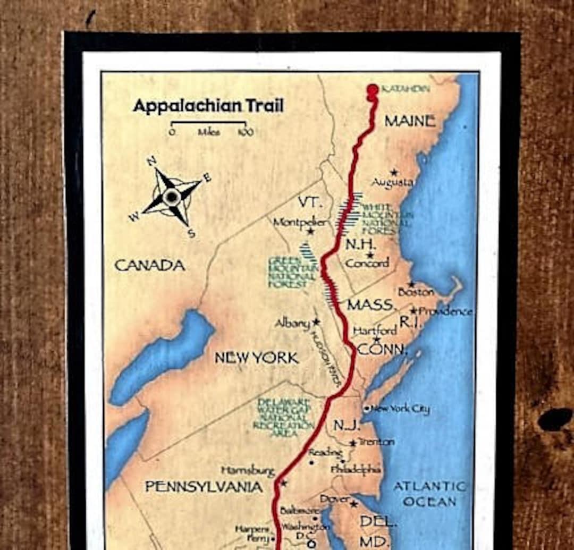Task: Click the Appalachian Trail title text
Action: tap(208, 105)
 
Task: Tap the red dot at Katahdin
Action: tap(373, 89)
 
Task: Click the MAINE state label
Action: tap(410, 121)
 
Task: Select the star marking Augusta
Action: tap(394, 173)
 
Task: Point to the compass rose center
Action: tap(171, 197)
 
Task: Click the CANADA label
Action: tap(150, 265)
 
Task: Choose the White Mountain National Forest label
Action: tap(379, 219)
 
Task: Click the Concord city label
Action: tap(367, 263)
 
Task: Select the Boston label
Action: tap(416, 292)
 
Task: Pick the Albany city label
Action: tap(293, 323)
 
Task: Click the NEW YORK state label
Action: tap(257, 358)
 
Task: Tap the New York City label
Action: tap(400, 409)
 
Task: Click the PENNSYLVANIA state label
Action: tap(204, 487)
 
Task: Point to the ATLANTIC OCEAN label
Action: tap(429, 494)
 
